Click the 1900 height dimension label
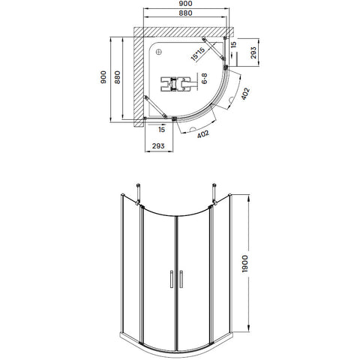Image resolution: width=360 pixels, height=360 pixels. click(245, 264)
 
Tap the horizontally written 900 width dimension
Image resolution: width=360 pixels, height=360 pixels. click(186, 4)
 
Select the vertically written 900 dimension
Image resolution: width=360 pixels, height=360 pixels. click(103, 77)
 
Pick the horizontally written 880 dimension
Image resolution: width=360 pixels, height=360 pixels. click(185, 13)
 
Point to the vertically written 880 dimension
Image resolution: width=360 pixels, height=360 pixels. click(117, 77)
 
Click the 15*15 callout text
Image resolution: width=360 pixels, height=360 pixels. click(197, 54)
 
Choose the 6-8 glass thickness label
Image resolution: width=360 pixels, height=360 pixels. click(204, 79)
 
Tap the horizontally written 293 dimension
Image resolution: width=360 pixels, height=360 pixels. click(158, 145)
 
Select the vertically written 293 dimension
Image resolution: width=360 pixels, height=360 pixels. click(253, 52)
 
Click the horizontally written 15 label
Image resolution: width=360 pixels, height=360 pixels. click(162, 130)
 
